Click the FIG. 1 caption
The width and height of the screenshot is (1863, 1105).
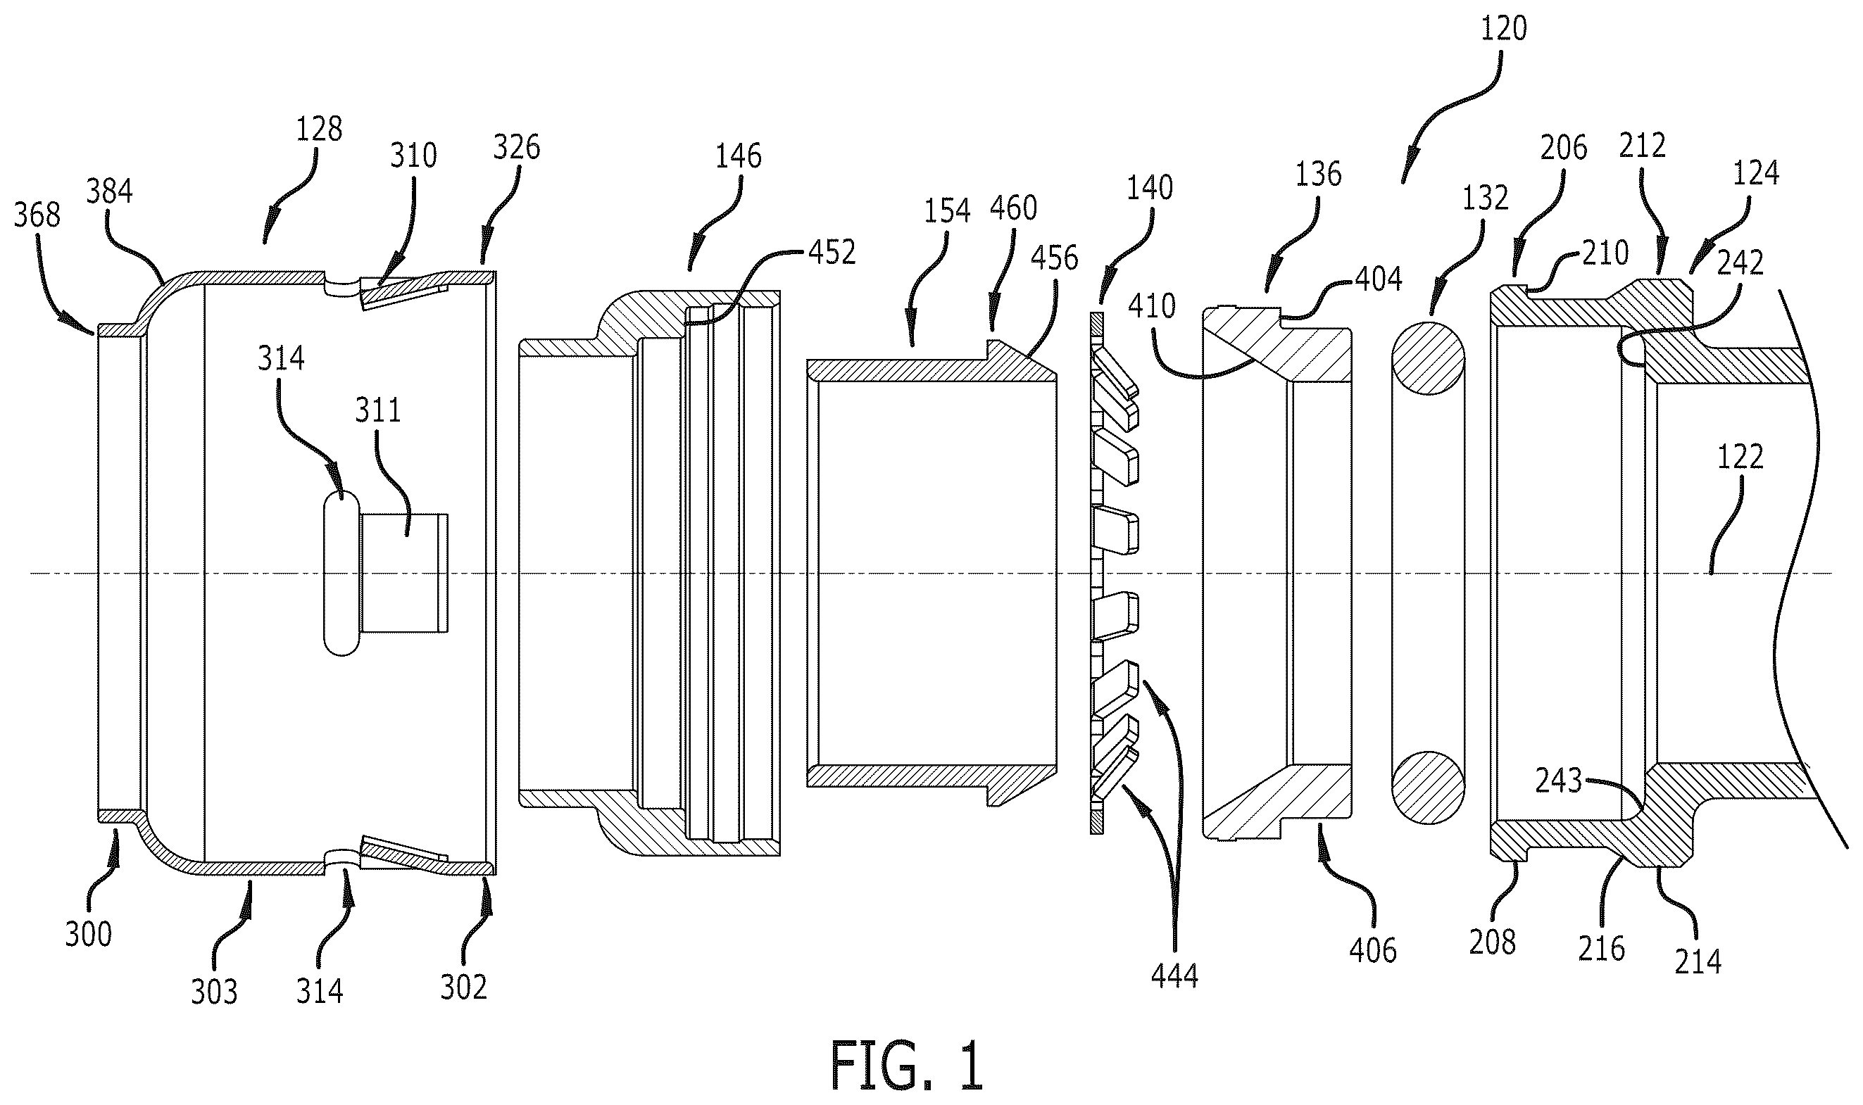click(907, 1066)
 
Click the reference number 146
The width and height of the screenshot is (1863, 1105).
click(738, 156)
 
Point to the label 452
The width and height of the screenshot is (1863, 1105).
click(832, 253)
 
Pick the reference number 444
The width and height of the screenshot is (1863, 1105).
click(1174, 975)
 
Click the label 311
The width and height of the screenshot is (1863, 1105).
click(377, 410)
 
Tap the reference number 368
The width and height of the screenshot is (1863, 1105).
click(37, 215)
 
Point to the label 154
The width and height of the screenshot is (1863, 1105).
click(948, 211)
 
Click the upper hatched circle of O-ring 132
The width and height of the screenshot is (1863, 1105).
click(1428, 358)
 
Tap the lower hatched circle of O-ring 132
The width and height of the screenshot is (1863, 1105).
click(1428, 788)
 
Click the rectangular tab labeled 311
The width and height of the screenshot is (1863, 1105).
click(404, 574)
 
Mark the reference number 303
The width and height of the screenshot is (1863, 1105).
click(214, 992)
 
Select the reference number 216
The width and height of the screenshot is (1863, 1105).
click(1602, 949)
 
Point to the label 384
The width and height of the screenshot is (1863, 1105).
click(110, 191)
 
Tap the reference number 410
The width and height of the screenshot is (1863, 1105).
click(1153, 306)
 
